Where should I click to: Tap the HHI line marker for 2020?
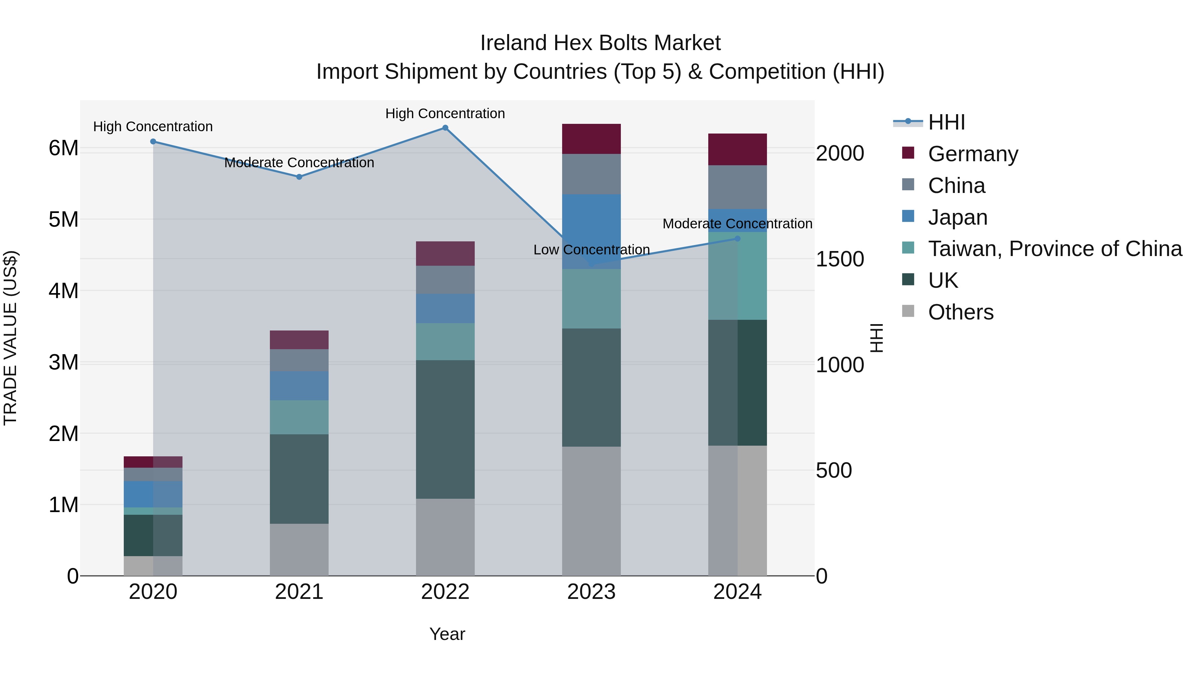(x=153, y=141)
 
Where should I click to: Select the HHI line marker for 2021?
(x=299, y=177)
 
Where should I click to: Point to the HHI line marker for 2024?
(x=737, y=238)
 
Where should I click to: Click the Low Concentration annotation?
(x=591, y=250)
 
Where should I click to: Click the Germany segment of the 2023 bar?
(x=591, y=139)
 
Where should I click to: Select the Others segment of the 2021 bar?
(x=299, y=549)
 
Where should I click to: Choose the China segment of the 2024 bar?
(x=737, y=187)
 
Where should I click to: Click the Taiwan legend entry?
(x=1055, y=249)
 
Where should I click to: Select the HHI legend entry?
(x=946, y=122)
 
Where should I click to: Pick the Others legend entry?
(x=960, y=312)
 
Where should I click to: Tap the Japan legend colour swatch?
(x=908, y=216)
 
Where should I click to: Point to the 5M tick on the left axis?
(x=63, y=219)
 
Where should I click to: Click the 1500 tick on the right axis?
(x=840, y=259)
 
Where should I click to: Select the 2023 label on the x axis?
(x=591, y=592)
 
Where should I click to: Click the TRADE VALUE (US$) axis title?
(x=10, y=338)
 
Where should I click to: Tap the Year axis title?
(x=447, y=634)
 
